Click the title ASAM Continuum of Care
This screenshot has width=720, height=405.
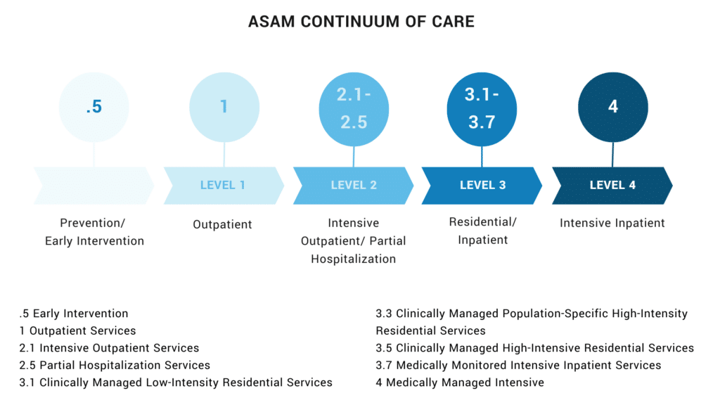pos(361,22)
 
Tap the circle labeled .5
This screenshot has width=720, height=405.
pos(94,107)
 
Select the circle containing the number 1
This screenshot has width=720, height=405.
pos(224,107)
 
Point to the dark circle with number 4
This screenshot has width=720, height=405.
pos(612,107)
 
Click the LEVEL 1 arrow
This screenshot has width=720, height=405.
pos(223,186)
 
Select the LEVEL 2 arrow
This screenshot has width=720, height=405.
pos(353,186)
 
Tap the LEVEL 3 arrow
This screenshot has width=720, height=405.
pos(482,186)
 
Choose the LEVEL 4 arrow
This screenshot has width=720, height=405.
pos(612,186)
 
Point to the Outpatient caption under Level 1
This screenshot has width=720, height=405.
pos(222,225)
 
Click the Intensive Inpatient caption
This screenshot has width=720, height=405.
pos(612,224)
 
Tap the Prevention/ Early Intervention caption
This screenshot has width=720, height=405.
pos(94,232)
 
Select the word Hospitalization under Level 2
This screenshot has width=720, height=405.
pos(353,259)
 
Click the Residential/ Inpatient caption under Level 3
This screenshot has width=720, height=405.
pos(482,231)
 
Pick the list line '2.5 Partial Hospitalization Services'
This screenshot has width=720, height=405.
pos(115,366)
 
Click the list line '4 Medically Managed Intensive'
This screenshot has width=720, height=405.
pos(460,383)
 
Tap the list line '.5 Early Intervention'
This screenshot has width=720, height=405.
pos(74,314)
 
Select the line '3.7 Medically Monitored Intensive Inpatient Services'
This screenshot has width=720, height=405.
pos(518,366)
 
